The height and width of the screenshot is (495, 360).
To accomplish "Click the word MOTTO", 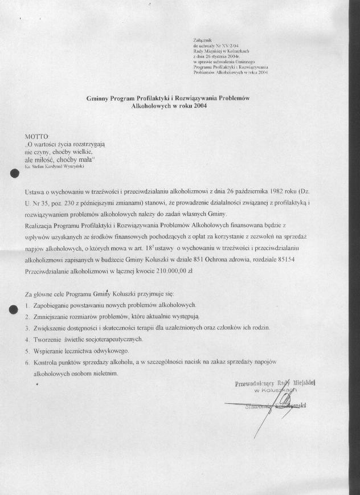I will pyautogui.click(x=37, y=137).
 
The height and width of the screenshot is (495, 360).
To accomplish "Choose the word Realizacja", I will pyautogui.click(x=42, y=226).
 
